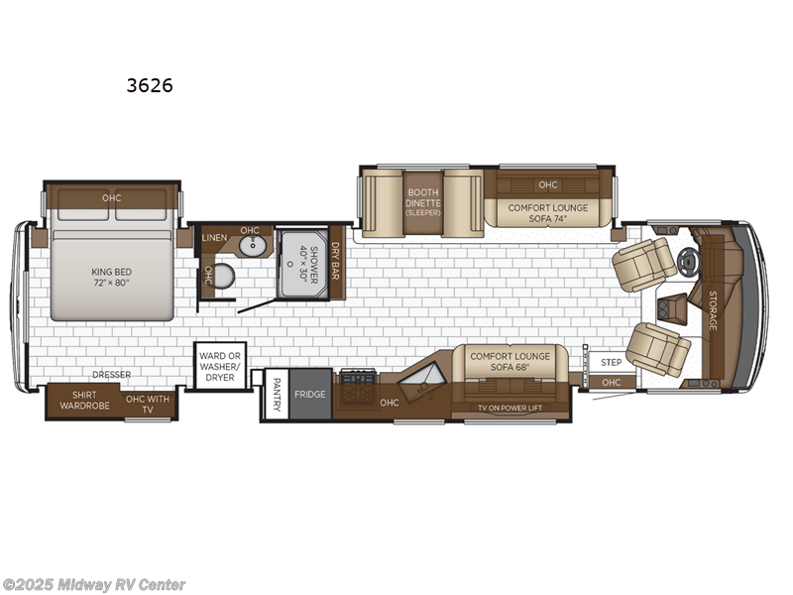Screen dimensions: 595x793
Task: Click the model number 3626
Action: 149,85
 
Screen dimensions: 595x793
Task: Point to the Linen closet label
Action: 214,238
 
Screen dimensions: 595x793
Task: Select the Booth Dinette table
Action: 422,203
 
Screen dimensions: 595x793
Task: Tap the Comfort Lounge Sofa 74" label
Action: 548,213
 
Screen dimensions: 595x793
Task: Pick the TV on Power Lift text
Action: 510,408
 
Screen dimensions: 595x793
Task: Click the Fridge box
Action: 309,395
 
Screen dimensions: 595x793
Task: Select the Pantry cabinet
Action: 277,396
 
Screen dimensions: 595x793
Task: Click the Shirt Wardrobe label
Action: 84,400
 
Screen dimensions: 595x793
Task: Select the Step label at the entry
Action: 612,363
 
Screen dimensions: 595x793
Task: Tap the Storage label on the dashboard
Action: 712,309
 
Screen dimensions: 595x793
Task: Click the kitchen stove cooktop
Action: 357,377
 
